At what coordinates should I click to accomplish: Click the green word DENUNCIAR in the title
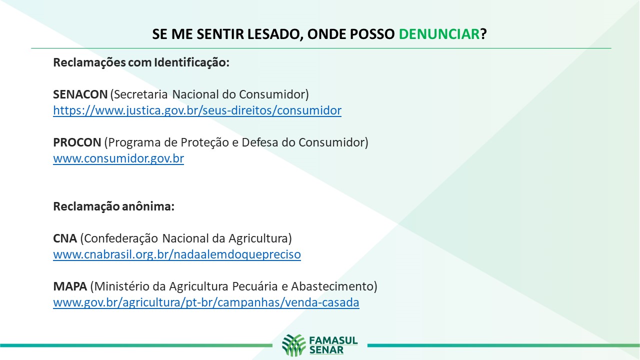click(439, 34)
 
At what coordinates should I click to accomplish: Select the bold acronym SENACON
click(80, 94)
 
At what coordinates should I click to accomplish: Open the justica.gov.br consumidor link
click(197, 110)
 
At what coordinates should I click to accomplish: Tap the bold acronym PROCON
click(77, 142)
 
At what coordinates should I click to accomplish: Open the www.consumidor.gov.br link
click(118, 158)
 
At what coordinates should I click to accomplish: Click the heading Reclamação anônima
click(113, 206)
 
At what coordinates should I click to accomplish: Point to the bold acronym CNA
click(65, 238)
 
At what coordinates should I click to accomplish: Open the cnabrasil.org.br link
click(177, 254)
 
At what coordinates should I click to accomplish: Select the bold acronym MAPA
click(70, 286)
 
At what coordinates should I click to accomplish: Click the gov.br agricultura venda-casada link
click(206, 302)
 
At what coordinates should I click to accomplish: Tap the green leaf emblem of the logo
click(293, 345)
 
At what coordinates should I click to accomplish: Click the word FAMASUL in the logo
click(333, 340)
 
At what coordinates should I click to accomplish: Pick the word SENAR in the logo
click(326, 350)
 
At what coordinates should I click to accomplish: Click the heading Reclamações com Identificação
click(141, 62)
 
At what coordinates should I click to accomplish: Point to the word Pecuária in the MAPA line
click(255, 286)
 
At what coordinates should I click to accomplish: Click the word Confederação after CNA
click(121, 238)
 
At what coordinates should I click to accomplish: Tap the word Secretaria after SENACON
click(141, 94)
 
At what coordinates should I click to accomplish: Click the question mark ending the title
click(483, 34)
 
